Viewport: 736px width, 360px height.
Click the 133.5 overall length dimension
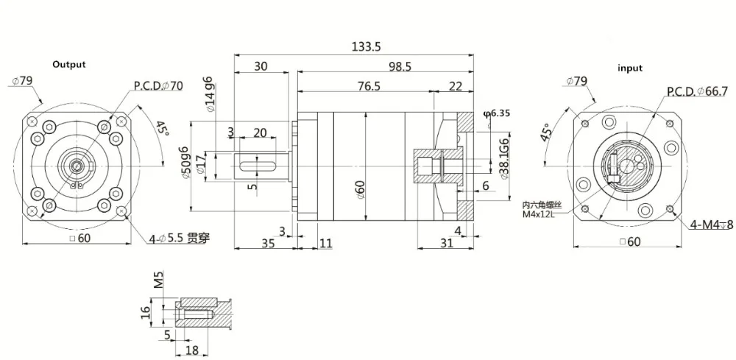tap(366, 46)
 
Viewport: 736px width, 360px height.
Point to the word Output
tap(68, 64)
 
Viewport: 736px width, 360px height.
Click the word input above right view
tap(629, 68)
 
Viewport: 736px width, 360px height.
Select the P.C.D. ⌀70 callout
tap(158, 85)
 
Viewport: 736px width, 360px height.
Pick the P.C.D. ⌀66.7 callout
tap(696, 91)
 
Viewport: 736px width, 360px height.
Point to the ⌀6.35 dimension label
tap(497, 113)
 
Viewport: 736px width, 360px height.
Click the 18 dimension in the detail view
tap(192, 349)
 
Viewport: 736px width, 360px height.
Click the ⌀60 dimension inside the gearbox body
tap(361, 188)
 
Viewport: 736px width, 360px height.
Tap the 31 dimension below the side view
tap(446, 244)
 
